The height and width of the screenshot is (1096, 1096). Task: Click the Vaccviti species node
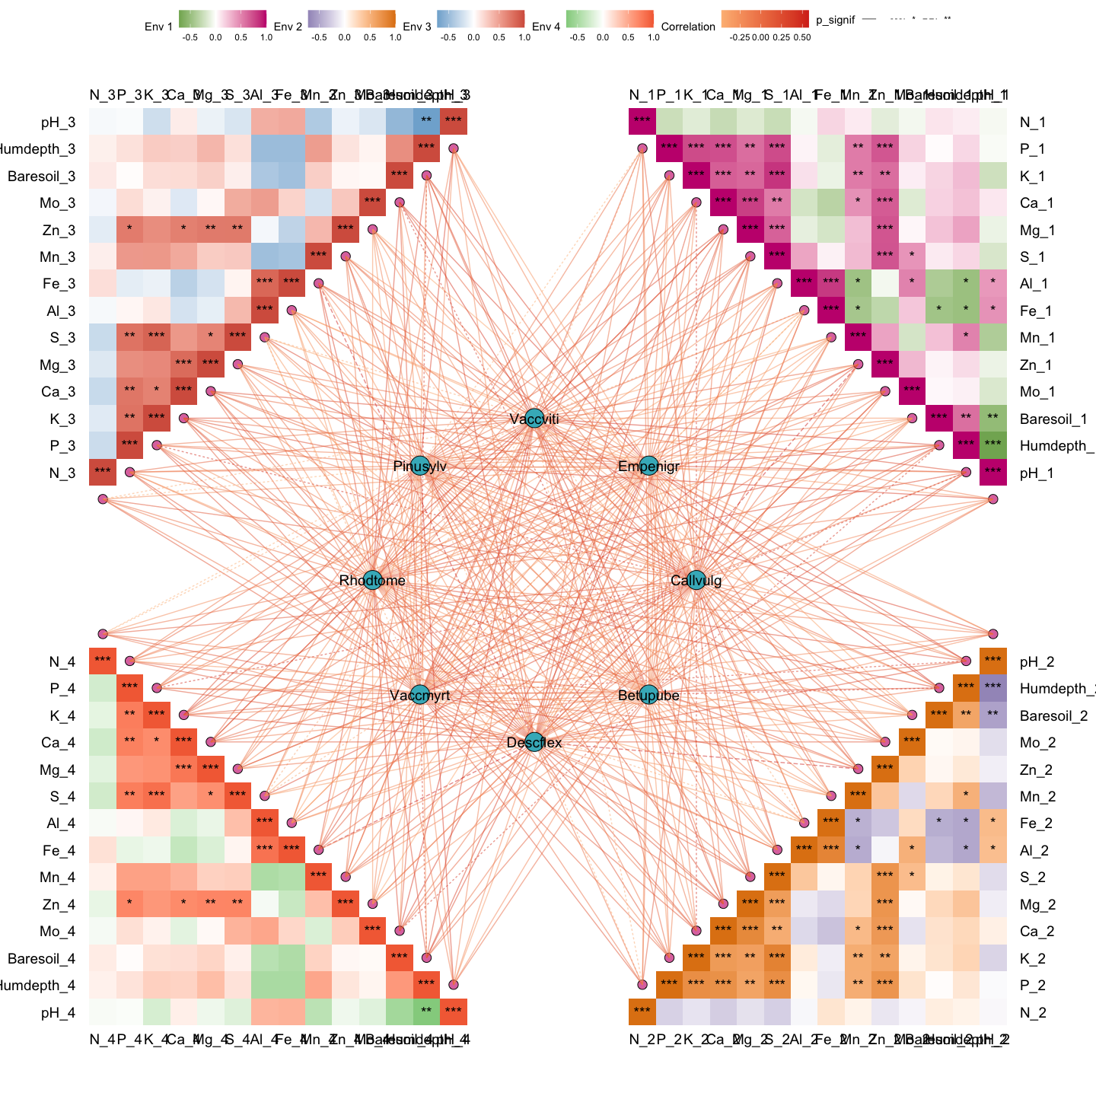(x=534, y=418)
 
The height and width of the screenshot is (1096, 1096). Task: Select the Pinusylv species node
(x=419, y=466)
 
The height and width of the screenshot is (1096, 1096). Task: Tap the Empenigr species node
(x=648, y=466)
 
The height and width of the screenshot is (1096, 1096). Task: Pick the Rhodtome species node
(x=371, y=580)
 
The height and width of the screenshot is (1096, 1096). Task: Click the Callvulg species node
(x=696, y=580)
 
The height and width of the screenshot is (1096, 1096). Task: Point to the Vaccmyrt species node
(x=419, y=694)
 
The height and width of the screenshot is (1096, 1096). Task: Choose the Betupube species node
(x=648, y=694)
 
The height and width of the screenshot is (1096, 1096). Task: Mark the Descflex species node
(x=534, y=742)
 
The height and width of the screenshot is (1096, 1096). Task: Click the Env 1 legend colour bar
(x=222, y=19)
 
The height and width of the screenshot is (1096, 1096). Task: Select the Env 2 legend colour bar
(x=352, y=19)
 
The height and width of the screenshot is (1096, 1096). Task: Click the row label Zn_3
(x=58, y=230)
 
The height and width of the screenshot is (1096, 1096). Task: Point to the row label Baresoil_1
(x=1053, y=419)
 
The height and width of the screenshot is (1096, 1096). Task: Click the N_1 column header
(x=642, y=95)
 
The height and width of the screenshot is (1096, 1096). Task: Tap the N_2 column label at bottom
(x=642, y=1040)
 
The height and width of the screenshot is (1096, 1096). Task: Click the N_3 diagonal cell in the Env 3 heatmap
(x=103, y=472)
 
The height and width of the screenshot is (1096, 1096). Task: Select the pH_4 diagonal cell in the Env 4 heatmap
(x=454, y=1012)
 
